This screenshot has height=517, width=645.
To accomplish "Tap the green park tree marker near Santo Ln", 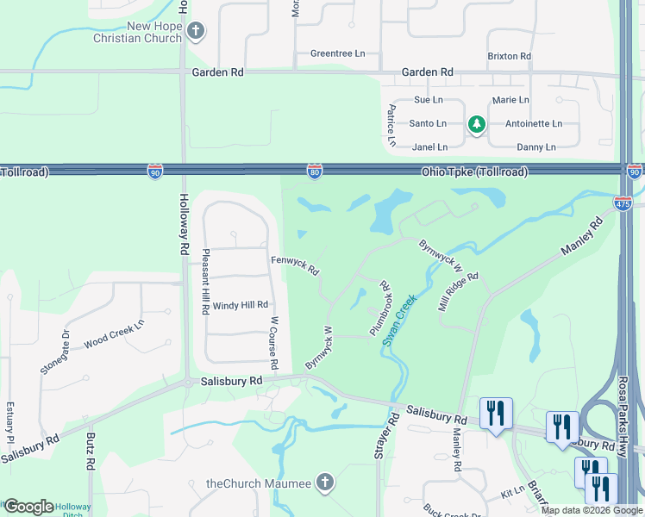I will (476, 125).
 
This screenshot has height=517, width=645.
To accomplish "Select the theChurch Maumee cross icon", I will (324, 482).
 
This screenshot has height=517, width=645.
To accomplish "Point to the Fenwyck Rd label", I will (295, 265).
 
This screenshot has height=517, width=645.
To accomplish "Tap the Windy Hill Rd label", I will (241, 305).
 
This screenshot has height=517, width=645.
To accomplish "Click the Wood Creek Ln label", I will (114, 333).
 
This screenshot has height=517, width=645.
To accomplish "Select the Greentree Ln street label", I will (337, 53).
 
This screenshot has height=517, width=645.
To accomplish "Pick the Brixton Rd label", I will (509, 56).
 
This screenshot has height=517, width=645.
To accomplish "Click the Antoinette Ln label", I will (533, 123).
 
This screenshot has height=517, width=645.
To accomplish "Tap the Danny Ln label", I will (535, 147).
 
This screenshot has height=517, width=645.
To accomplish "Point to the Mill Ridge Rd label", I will (457, 293).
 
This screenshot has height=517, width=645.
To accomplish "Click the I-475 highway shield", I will (623, 203).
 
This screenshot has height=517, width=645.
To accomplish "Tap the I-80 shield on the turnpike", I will (316, 172).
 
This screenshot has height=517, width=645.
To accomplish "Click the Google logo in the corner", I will (28, 507).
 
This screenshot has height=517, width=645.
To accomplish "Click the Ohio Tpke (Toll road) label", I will (473, 171).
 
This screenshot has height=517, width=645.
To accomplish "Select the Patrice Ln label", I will (391, 124).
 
